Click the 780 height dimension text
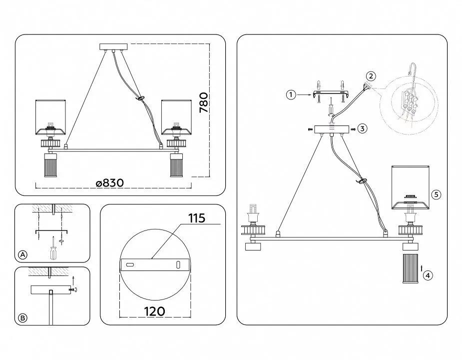(203, 102)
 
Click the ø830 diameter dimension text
(110, 183)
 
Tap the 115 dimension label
(196, 218)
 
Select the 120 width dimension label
(154, 311)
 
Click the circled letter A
(22, 254)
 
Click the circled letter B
(22, 318)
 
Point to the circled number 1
(291, 94)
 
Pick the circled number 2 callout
(371, 76)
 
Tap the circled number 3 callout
(363, 128)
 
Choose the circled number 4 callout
(428, 275)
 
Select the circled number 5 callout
(437, 194)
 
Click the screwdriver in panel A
(53, 249)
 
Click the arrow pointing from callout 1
(304, 94)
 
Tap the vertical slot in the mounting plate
(178, 264)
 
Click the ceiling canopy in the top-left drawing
(113, 47)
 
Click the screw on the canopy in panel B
(73, 290)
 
